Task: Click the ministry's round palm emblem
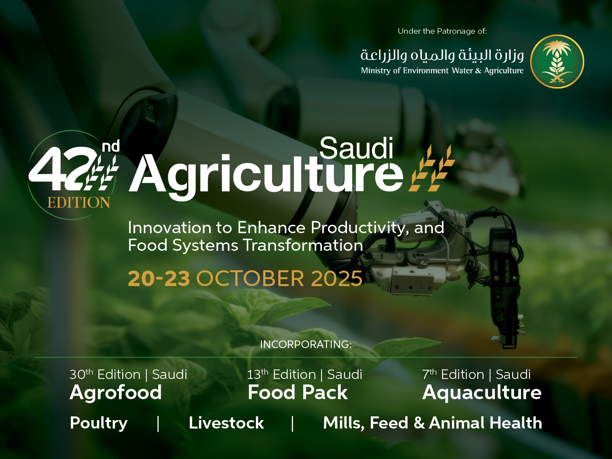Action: click(x=557, y=62)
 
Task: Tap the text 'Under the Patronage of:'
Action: click(x=442, y=31)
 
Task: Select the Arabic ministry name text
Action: click(x=442, y=55)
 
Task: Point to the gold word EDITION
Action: click(x=79, y=203)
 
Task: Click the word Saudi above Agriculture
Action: click(x=356, y=148)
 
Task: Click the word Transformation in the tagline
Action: click(x=303, y=245)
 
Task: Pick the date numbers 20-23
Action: click(x=159, y=278)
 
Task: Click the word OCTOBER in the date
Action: click(x=250, y=278)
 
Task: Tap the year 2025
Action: click(x=337, y=278)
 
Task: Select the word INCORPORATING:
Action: click(x=306, y=344)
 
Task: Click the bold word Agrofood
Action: click(x=116, y=392)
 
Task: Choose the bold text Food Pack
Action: click(x=297, y=392)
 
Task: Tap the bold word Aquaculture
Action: click(x=482, y=392)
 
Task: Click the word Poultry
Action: click(x=99, y=423)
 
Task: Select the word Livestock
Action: click(x=226, y=423)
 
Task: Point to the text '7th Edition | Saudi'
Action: click(x=476, y=375)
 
